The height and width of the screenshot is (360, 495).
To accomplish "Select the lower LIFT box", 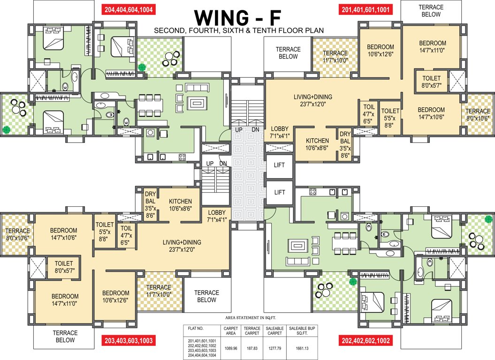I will click(280, 192).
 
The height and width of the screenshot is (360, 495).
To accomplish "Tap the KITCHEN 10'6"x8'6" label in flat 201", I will click(318, 144).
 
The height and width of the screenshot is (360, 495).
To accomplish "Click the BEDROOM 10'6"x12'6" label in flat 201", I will click(381, 51).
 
